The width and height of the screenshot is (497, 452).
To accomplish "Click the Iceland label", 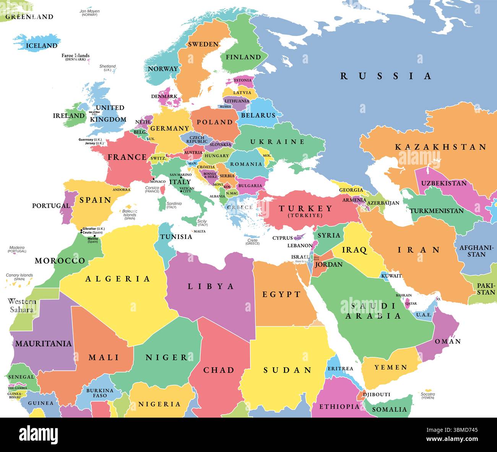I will [42, 46].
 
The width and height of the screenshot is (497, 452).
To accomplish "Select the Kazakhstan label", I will [440, 147].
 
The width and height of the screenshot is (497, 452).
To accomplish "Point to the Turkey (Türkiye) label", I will [305, 210].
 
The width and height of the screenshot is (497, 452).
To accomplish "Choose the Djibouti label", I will [376, 394].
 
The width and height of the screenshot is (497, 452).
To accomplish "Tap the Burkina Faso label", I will [100, 393].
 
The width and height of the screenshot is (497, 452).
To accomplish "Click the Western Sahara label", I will [22, 305].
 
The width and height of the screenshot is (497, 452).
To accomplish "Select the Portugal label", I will [51, 206].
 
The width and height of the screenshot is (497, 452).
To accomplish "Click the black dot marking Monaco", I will [153, 179].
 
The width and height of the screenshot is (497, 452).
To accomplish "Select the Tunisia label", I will [176, 237].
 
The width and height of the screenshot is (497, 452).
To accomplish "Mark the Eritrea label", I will [340, 368].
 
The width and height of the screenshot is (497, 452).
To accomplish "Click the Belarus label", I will [258, 115].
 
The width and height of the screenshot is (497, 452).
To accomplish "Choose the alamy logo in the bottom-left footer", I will [38, 434].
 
